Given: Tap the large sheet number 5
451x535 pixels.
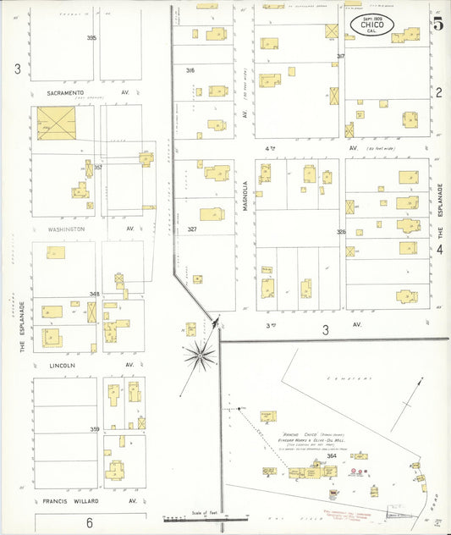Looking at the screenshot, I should (437, 23).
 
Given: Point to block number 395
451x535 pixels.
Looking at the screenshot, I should (91, 38).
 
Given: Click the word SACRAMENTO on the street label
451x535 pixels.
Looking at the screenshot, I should (65, 91).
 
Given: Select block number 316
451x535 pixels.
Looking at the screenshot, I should (190, 70).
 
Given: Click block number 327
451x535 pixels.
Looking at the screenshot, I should (192, 229).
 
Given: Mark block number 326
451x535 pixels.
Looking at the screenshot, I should (341, 231).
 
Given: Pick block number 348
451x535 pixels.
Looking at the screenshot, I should (95, 294).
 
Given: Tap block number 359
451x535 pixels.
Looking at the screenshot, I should (95, 429).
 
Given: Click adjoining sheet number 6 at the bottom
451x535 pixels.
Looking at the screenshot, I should (89, 522).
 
